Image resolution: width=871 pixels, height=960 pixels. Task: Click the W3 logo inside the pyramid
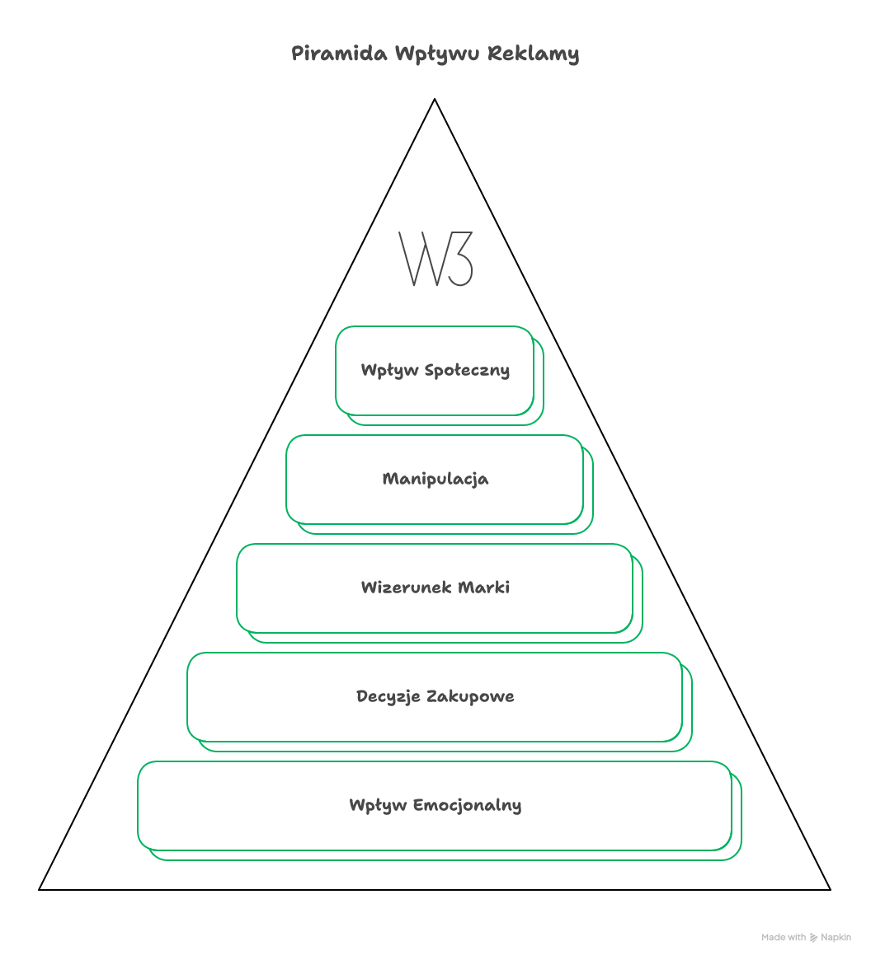(x=435, y=259)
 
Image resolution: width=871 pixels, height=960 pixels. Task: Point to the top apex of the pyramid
(x=435, y=100)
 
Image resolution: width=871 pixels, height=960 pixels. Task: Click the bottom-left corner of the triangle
(x=40, y=889)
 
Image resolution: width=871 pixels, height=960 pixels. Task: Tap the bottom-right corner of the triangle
(x=829, y=889)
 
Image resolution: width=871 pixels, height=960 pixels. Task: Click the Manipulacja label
(x=435, y=479)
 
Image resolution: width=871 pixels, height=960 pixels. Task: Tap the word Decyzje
(x=384, y=696)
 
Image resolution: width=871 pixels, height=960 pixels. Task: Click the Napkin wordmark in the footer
(x=836, y=937)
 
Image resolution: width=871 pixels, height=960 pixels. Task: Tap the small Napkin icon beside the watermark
(x=814, y=937)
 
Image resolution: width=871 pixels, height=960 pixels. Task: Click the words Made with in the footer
(x=784, y=937)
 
